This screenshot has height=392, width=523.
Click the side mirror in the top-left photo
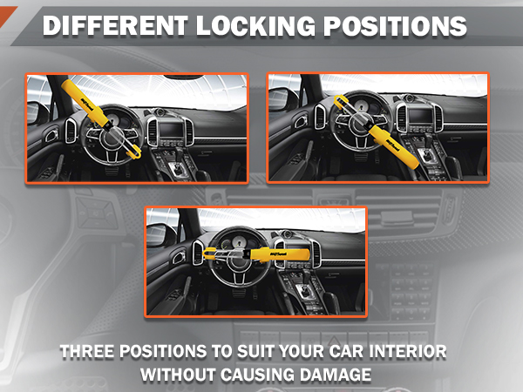pyautogui.click(x=37, y=112)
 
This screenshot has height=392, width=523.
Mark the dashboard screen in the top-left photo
pyautogui.click(x=169, y=129)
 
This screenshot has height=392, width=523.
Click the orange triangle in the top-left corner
pyautogui.click(x=7, y=10)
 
